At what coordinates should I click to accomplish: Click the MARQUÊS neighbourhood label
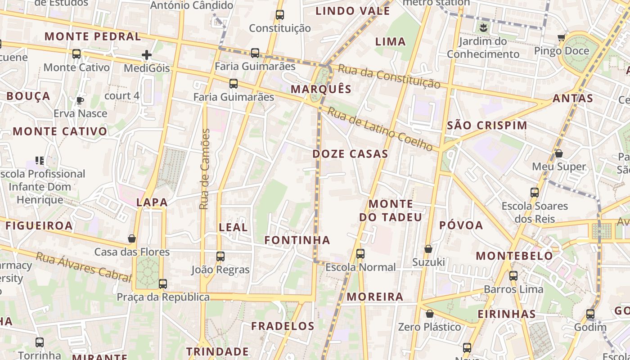(x=321, y=89)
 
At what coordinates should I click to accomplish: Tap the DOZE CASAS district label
(x=350, y=154)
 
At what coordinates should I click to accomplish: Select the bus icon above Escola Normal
(x=360, y=253)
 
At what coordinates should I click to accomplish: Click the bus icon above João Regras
(x=220, y=256)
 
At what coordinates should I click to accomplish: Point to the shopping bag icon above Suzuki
(x=428, y=249)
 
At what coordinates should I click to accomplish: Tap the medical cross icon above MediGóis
(x=147, y=55)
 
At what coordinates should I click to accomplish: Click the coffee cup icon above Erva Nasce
(x=80, y=100)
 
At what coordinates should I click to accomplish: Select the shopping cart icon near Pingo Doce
(x=561, y=38)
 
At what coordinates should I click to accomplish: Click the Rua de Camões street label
(x=205, y=169)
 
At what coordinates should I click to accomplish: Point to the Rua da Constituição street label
(x=389, y=76)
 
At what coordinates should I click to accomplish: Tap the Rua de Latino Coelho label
(x=380, y=129)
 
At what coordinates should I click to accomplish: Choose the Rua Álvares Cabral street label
(x=83, y=266)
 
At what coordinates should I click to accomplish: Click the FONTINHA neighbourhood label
(x=297, y=240)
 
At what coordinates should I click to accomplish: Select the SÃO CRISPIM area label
(x=487, y=126)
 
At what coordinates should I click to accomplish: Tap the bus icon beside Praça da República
(x=163, y=284)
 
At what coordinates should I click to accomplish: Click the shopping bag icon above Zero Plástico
(x=430, y=314)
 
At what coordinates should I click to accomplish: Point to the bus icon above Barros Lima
(x=513, y=276)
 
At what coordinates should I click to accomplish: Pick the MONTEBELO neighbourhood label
(x=514, y=256)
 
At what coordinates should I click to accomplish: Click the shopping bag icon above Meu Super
(x=559, y=153)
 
